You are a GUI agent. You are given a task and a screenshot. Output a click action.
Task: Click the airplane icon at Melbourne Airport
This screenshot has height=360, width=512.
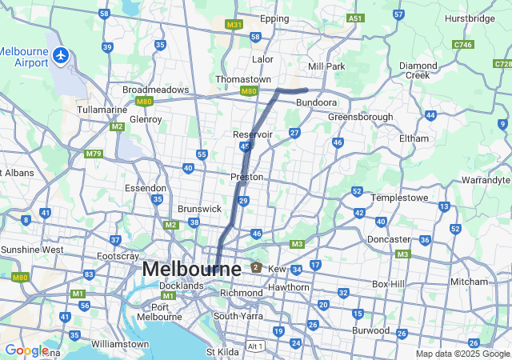click(62, 56)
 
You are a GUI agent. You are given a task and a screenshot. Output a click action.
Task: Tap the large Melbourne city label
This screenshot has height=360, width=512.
click(191, 269)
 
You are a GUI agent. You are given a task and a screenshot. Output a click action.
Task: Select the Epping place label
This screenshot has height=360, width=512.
click(274, 18)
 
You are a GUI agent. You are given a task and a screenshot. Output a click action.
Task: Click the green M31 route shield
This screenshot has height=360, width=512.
click(234, 25)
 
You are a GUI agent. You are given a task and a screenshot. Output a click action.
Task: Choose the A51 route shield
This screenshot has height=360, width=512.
click(355, 18)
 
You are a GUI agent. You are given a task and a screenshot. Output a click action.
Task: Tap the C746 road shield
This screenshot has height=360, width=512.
click(462, 46)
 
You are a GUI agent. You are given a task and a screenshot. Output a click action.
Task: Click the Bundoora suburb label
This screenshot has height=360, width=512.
click(316, 103)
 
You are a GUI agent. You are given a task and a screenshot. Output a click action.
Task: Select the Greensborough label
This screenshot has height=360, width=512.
click(361, 117)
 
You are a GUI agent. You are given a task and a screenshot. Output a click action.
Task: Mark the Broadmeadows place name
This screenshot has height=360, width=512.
click(155, 90)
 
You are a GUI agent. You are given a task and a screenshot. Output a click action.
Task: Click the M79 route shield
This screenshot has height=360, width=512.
click(94, 153)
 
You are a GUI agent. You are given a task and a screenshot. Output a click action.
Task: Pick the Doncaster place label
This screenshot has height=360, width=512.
click(389, 239)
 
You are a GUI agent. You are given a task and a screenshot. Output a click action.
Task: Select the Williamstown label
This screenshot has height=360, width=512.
click(119, 343)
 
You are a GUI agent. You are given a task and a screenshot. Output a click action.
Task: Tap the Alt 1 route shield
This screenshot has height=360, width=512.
click(254, 346)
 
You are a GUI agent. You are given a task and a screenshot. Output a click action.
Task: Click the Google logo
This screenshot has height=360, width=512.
click(26, 350)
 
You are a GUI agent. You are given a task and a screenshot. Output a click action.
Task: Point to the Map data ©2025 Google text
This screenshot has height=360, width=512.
click(462, 354)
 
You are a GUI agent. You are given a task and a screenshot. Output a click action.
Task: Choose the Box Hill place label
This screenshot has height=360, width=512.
click(390, 284)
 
